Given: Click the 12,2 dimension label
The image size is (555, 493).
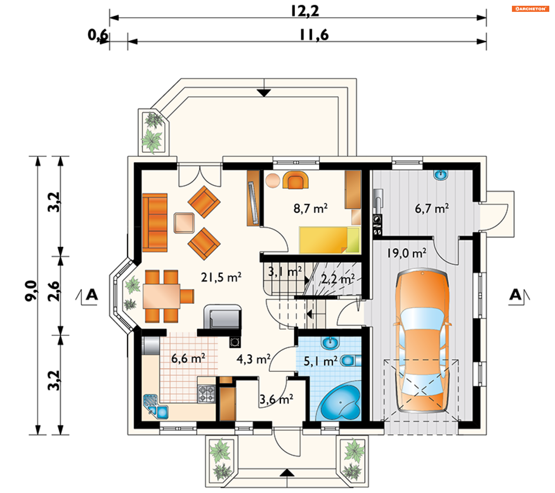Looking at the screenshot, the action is click(x=305, y=11).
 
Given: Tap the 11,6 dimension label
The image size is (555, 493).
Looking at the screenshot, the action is click(x=314, y=35).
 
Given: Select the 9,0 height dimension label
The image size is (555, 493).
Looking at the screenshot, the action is click(x=31, y=291).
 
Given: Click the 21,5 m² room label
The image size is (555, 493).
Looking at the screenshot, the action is click(x=221, y=277).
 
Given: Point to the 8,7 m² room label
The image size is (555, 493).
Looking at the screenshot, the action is click(x=310, y=208).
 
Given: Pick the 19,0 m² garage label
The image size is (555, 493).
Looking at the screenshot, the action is click(x=406, y=253).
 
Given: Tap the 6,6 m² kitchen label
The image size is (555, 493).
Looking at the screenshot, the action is click(x=188, y=359).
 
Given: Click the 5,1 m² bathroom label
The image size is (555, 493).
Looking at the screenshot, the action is click(x=321, y=362).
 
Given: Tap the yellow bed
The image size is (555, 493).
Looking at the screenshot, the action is click(x=330, y=240).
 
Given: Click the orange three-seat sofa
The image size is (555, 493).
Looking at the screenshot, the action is click(x=155, y=223).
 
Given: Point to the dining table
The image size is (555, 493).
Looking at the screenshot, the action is click(x=162, y=296).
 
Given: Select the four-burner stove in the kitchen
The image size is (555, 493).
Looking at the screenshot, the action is click(x=206, y=394).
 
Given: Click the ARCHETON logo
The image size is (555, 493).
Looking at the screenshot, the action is click(x=530, y=9).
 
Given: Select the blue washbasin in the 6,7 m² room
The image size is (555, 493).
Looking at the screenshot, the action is click(x=441, y=175).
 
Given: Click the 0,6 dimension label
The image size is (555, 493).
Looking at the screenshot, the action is click(x=98, y=35).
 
